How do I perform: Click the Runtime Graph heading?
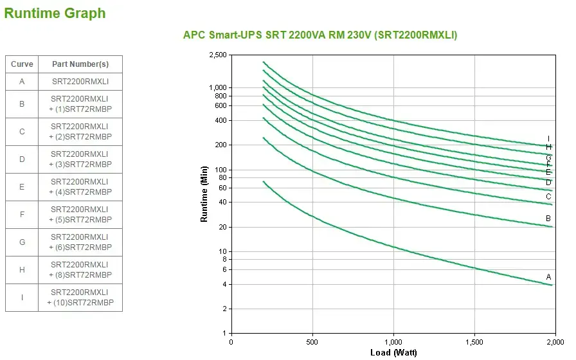pos(55,13)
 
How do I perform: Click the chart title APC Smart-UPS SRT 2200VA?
pos(320,35)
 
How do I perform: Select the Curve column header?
pos(22,64)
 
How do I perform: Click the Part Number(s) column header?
pos(80,64)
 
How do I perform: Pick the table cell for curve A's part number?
pos(80,82)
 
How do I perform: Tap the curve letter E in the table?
pos(22,187)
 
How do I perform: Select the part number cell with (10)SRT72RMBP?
pos(80,298)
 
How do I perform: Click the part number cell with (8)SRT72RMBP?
pos(80,270)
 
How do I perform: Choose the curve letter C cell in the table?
pos(22,132)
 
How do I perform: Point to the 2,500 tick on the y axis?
pos(218,55)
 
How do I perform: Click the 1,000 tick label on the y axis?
pos(218,87)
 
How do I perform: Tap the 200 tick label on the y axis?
pos(221,145)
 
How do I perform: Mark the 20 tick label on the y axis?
pos(222,228)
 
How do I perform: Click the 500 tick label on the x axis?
pos(312,342)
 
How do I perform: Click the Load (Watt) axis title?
pos(393,352)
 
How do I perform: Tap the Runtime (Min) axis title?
pos(204,194)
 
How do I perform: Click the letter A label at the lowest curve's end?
pos(548,277)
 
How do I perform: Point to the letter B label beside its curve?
pos(548,219)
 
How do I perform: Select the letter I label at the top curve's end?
pos(548,138)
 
